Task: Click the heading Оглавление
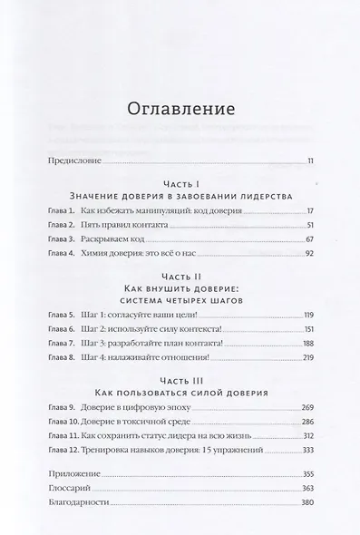pyautogui.click(x=179, y=109)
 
